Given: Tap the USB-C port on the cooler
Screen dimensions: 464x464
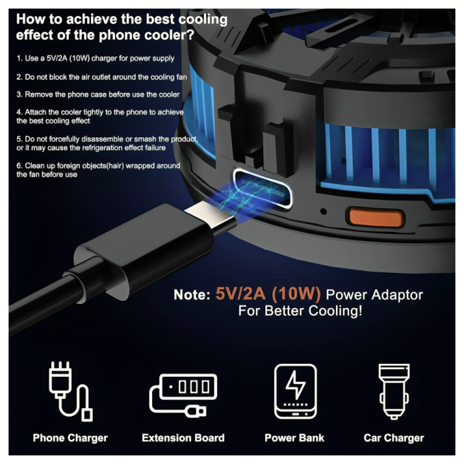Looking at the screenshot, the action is point(263,189).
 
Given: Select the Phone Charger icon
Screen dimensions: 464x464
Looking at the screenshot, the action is point(71,391).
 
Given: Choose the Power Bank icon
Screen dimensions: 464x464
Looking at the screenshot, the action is point(295,391).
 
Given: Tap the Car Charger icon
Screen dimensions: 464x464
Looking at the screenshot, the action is point(394,391).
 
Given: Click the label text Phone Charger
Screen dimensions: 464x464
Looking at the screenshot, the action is point(70,438).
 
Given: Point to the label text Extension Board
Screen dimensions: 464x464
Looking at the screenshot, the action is point(183,438).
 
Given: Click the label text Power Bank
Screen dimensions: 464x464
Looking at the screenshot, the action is point(295,438).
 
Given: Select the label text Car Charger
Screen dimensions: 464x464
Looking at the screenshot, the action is point(394,438).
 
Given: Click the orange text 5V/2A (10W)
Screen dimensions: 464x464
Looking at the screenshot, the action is point(268,294).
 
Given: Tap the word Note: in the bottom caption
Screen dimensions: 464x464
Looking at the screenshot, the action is point(192,295).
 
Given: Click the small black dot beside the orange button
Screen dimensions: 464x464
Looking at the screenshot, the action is point(324,211).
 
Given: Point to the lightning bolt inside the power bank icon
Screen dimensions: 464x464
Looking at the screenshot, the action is point(295,385).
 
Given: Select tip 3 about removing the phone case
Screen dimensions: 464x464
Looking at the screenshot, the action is point(98,94).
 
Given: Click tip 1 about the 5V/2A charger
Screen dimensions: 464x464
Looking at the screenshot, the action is point(95,58).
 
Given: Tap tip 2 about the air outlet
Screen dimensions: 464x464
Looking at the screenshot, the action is point(102,77).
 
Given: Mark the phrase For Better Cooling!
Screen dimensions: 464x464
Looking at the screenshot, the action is point(300,311).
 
